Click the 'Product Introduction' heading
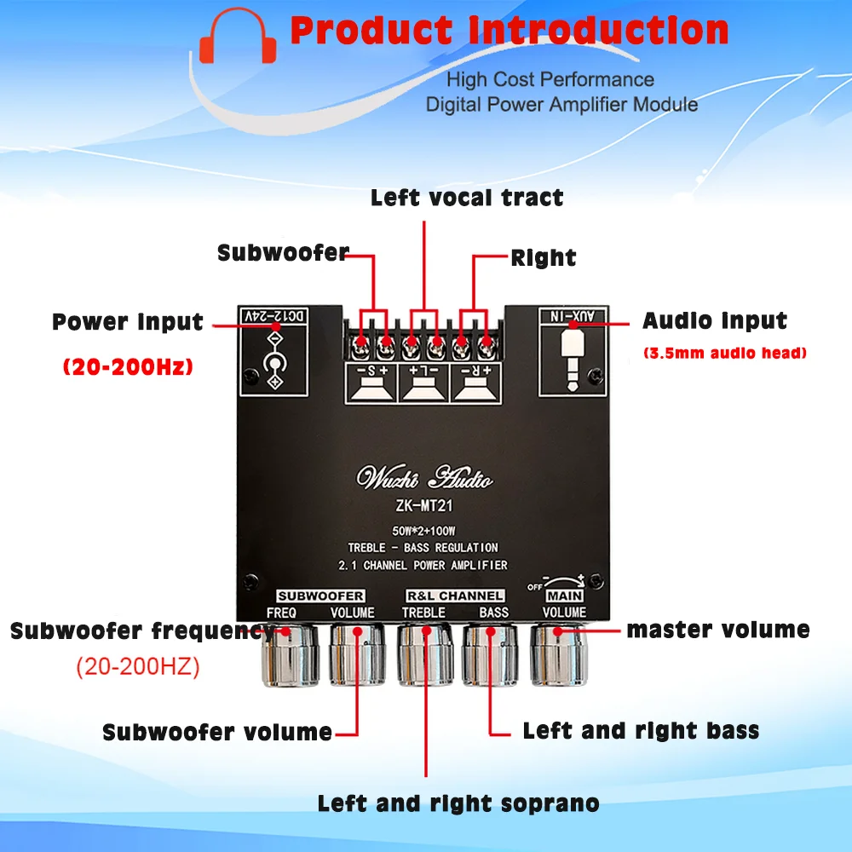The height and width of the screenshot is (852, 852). pyautogui.click(x=509, y=32)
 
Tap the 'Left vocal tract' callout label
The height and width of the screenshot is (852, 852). pyautogui.click(x=467, y=199)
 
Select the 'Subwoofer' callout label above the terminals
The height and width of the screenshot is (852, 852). pyautogui.click(x=283, y=253)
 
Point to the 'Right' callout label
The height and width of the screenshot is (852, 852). pyautogui.click(x=544, y=258)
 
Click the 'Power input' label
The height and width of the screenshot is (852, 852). pyautogui.click(x=128, y=323)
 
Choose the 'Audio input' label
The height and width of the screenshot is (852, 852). pyautogui.click(x=715, y=321)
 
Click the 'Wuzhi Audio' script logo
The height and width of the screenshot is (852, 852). pyautogui.click(x=426, y=479)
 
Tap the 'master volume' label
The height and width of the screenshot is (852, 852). pyautogui.click(x=718, y=630)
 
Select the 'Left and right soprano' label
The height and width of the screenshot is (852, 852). pyautogui.click(x=458, y=803)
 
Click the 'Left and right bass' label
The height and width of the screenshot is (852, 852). pyautogui.click(x=641, y=730)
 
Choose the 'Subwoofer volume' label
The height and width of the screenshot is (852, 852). pyautogui.click(x=217, y=732)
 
